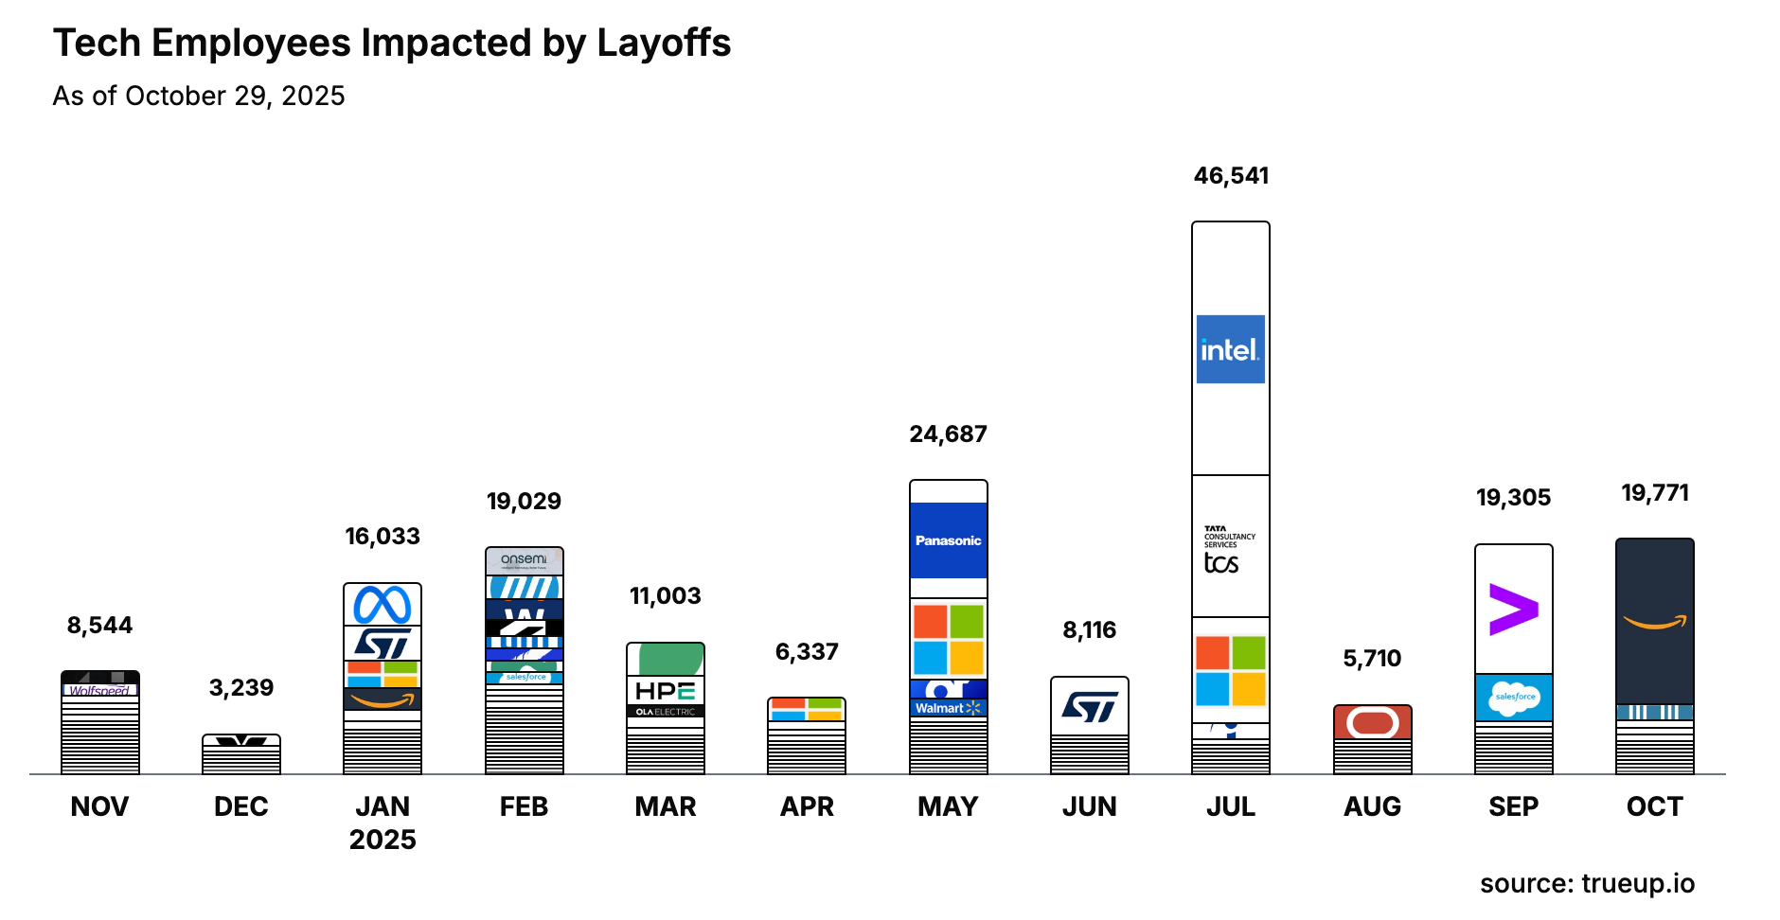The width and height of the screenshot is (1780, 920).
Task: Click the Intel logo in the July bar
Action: click(x=1230, y=349)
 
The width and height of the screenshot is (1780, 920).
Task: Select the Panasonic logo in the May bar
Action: click(x=948, y=540)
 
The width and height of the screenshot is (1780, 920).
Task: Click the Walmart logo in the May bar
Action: click(x=948, y=708)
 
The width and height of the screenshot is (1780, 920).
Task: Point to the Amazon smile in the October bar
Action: click(x=1654, y=622)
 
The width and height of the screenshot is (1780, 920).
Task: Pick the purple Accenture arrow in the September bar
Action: click(x=1513, y=610)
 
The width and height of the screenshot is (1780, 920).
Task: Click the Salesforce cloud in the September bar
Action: click(x=1513, y=698)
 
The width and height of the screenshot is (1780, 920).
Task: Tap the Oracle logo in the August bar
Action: click(x=1372, y=723)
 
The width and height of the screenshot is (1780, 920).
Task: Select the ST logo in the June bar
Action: click(x=1089, y=706)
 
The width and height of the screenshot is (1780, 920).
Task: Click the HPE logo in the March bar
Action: click(x=665, y=691)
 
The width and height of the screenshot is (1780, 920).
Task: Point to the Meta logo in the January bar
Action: click(x=383, y=605)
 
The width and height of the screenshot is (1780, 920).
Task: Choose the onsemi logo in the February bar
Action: click(x=524, y=559)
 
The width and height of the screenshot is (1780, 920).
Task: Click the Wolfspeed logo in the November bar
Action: click(x=99, y=691)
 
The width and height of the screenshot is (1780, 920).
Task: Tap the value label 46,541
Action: click(x=1231, y=176)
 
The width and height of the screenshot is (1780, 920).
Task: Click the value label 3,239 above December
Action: click(x=241, y=688)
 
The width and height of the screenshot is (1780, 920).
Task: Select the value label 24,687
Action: click(x=948, y=434)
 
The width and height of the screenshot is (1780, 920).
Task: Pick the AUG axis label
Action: click(x=1372, y=806)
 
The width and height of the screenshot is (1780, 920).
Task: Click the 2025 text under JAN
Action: click(x=383, y=840)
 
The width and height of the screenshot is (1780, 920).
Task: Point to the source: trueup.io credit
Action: click(x=1587, y=883)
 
